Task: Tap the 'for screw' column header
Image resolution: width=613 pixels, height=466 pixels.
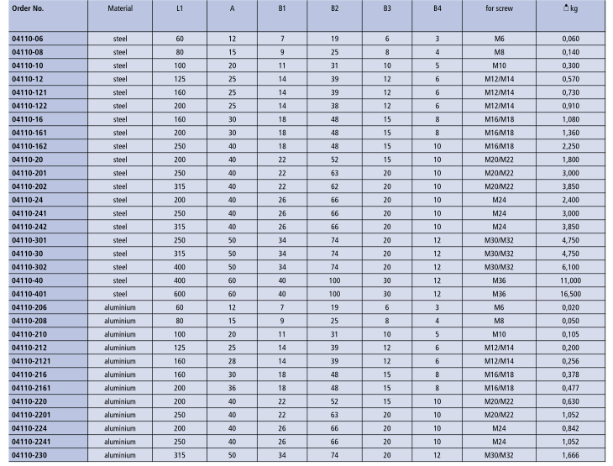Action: pos(500,8)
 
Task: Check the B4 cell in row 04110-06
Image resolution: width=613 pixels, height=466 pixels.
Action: pos(437,39)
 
